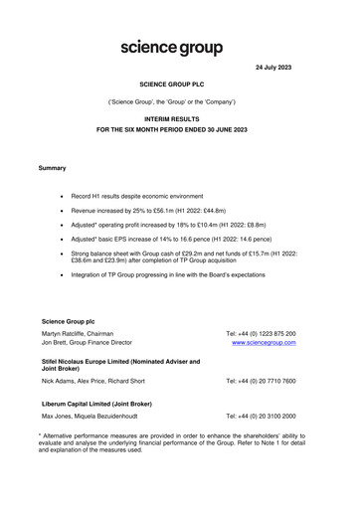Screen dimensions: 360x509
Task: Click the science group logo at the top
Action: [171, 47]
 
